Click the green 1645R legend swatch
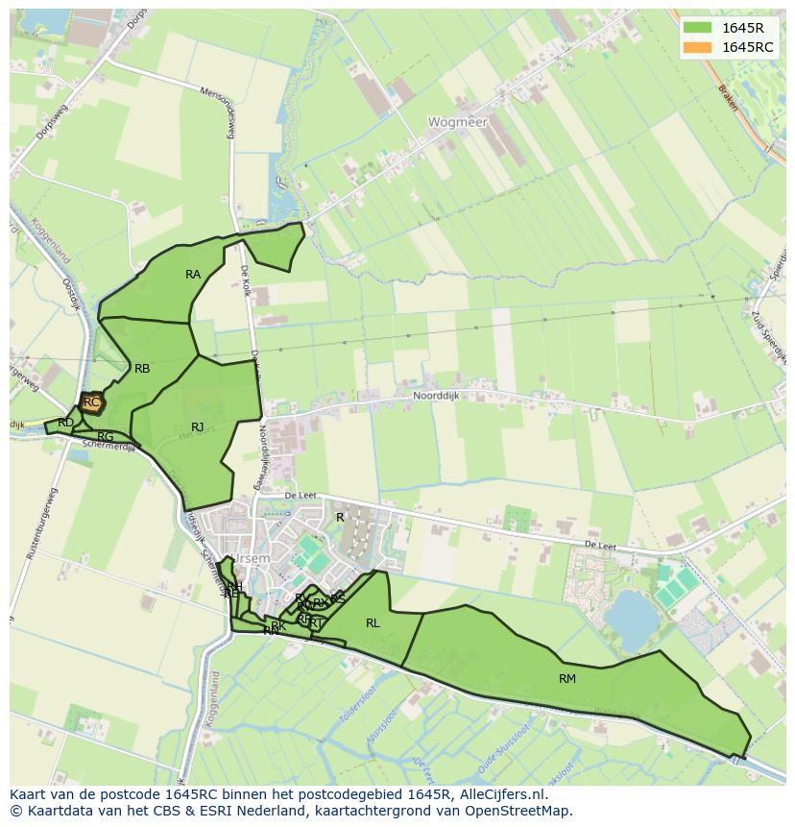pyautogui.click(x=698, y=27)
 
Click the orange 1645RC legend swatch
pyautogui.click(x=698, y=47)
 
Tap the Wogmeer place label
pyautogui.click(x=458, y=123)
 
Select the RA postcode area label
pyautogui.click(x=193, y=275)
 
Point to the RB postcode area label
pyautogui.click(x=142, y=369)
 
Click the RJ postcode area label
pyautogui.click(x=197, y=427)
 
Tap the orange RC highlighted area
pyautogui.click(x=92, y=402)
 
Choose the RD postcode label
pyautogui.click(x=65, y=423)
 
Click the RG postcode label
pyautogui.click(x=106, y=437)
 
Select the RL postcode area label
pyautogui.click(x=373, y=623)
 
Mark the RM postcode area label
pyautogui.click(x=567, y=679)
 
